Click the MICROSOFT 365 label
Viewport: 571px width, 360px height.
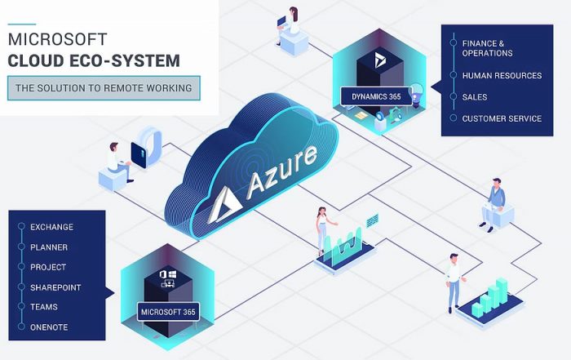167,312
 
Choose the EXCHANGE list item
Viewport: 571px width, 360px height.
51,226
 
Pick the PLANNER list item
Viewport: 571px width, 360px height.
49,247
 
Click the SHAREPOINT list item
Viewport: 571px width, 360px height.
55,287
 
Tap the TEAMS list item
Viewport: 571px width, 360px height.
44,308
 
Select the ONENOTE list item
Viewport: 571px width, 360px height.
49,327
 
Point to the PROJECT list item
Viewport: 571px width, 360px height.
48,267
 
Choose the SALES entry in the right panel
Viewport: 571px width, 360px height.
475,97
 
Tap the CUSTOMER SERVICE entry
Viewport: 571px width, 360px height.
502,118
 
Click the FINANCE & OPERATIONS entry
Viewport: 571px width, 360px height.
488,48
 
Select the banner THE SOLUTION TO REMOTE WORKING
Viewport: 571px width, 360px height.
103,87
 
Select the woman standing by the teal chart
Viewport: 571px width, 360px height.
321,229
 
